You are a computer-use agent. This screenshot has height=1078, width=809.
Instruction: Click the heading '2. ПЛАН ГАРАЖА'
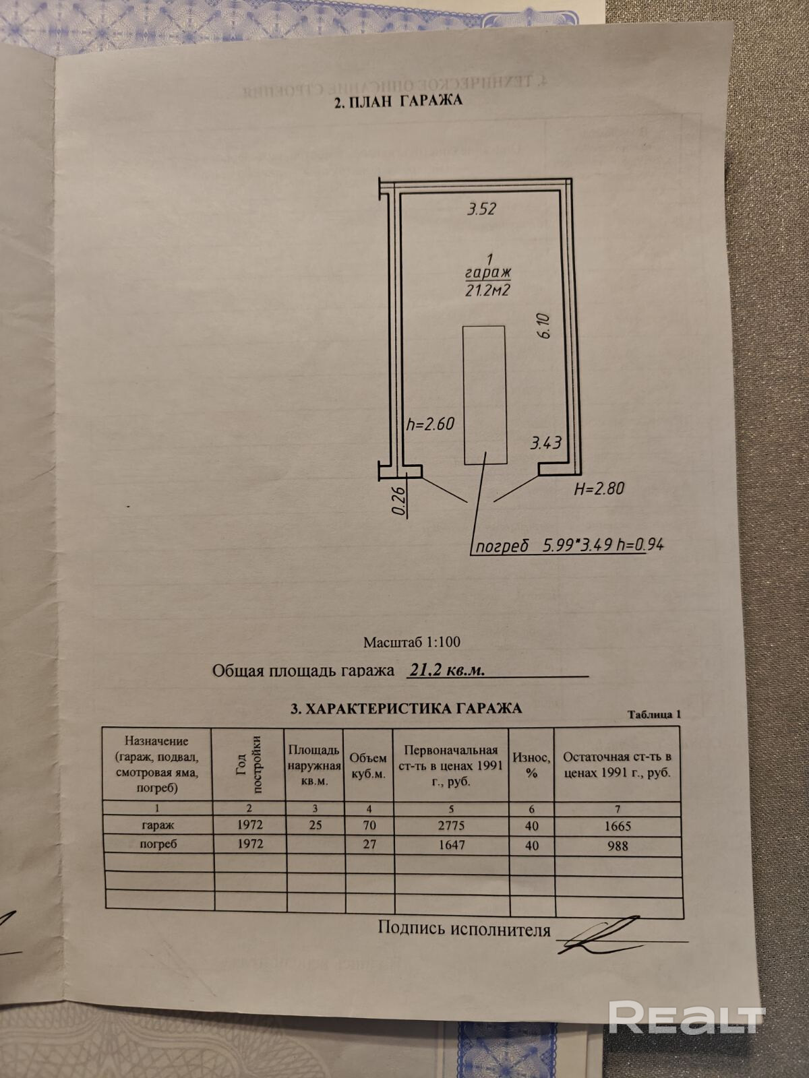click(x=398, y=102)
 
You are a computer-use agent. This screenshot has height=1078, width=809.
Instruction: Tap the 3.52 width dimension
click(x=481, y=209)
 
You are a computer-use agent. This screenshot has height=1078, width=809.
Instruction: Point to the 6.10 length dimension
click(x=545, y=326)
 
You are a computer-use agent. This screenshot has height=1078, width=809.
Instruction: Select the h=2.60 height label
click(x=431, y=424)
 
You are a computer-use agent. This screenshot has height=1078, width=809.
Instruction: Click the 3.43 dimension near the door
click(x=546, y=443)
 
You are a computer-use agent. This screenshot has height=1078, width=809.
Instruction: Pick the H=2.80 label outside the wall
click(x=599, y=489)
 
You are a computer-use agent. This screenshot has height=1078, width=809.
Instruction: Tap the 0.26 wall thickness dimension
click(x=398, y=501)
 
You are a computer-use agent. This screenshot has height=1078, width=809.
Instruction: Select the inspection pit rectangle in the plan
click(x=485, y=394)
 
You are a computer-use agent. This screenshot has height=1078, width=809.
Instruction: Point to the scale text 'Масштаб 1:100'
click(x=411, y=643)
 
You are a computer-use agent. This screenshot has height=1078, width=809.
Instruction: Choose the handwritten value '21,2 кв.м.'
click(x=448, y=670)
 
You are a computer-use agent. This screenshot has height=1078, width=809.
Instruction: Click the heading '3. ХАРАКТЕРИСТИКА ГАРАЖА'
click(x=406, y=708)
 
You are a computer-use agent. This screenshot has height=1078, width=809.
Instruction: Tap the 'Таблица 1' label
click(x=655, y=714)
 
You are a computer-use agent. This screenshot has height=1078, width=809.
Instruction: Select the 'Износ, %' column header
click(x=531, y=765)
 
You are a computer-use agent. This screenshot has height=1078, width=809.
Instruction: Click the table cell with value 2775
click(x=450, y=825)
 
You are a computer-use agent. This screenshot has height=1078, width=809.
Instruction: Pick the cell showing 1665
click(x=618, y=826)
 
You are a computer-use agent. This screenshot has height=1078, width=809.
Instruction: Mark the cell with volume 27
click(x=369, y=844)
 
